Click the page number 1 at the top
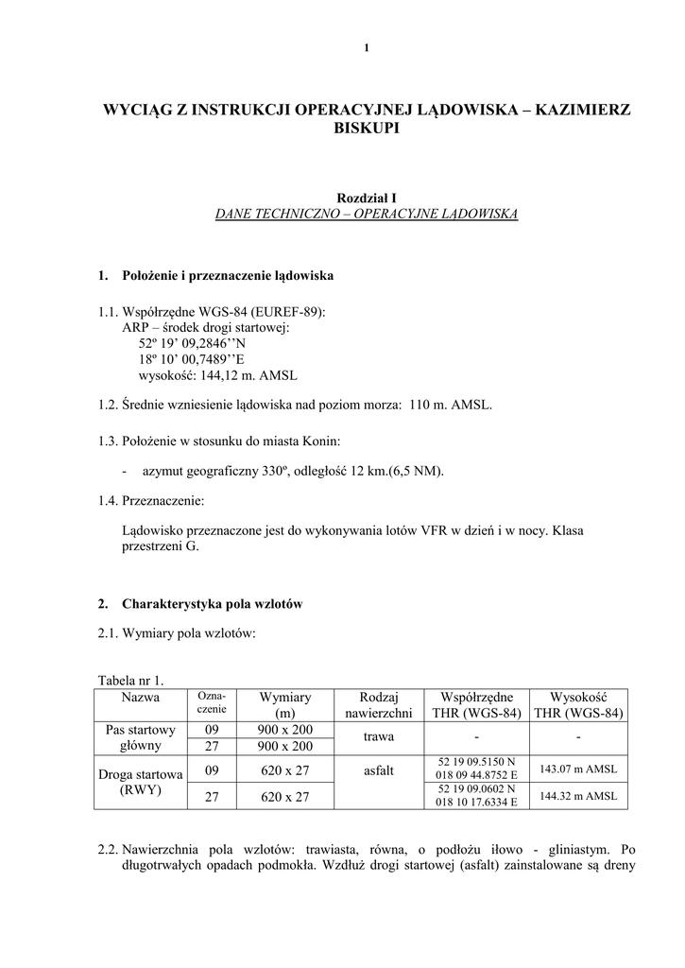tap(366, 49)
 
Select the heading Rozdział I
tap(367, 198)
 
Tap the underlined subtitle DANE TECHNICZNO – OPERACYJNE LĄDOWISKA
tap(367, 216)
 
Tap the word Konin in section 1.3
tap(322, 441)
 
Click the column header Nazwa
tap(141, 698)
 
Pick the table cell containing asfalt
tap(378, 770)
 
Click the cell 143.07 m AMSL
tap(577, 769)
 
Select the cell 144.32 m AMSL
tap(577, 796)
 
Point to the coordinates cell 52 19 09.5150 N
tap(476, 761)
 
